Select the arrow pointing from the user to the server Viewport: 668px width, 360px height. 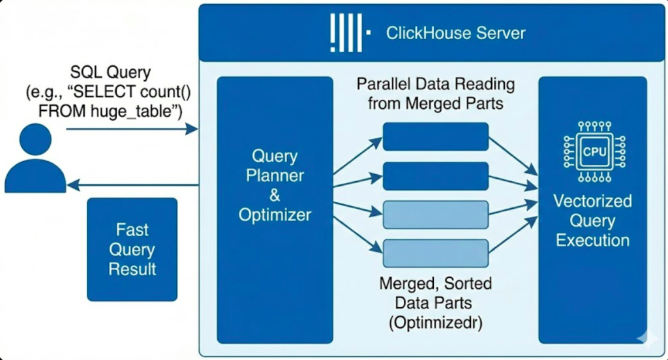130,129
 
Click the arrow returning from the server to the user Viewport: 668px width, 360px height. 130,185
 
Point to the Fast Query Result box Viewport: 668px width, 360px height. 132,249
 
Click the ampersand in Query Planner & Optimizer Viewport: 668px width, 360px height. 275,195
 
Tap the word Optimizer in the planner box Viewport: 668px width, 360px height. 275,215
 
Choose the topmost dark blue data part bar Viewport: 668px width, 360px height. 435,136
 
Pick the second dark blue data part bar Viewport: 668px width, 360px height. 435,175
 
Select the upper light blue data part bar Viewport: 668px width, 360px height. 435,215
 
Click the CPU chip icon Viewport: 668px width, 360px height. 593,151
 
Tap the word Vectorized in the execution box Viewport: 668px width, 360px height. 592,200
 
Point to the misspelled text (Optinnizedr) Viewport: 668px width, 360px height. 436,322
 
